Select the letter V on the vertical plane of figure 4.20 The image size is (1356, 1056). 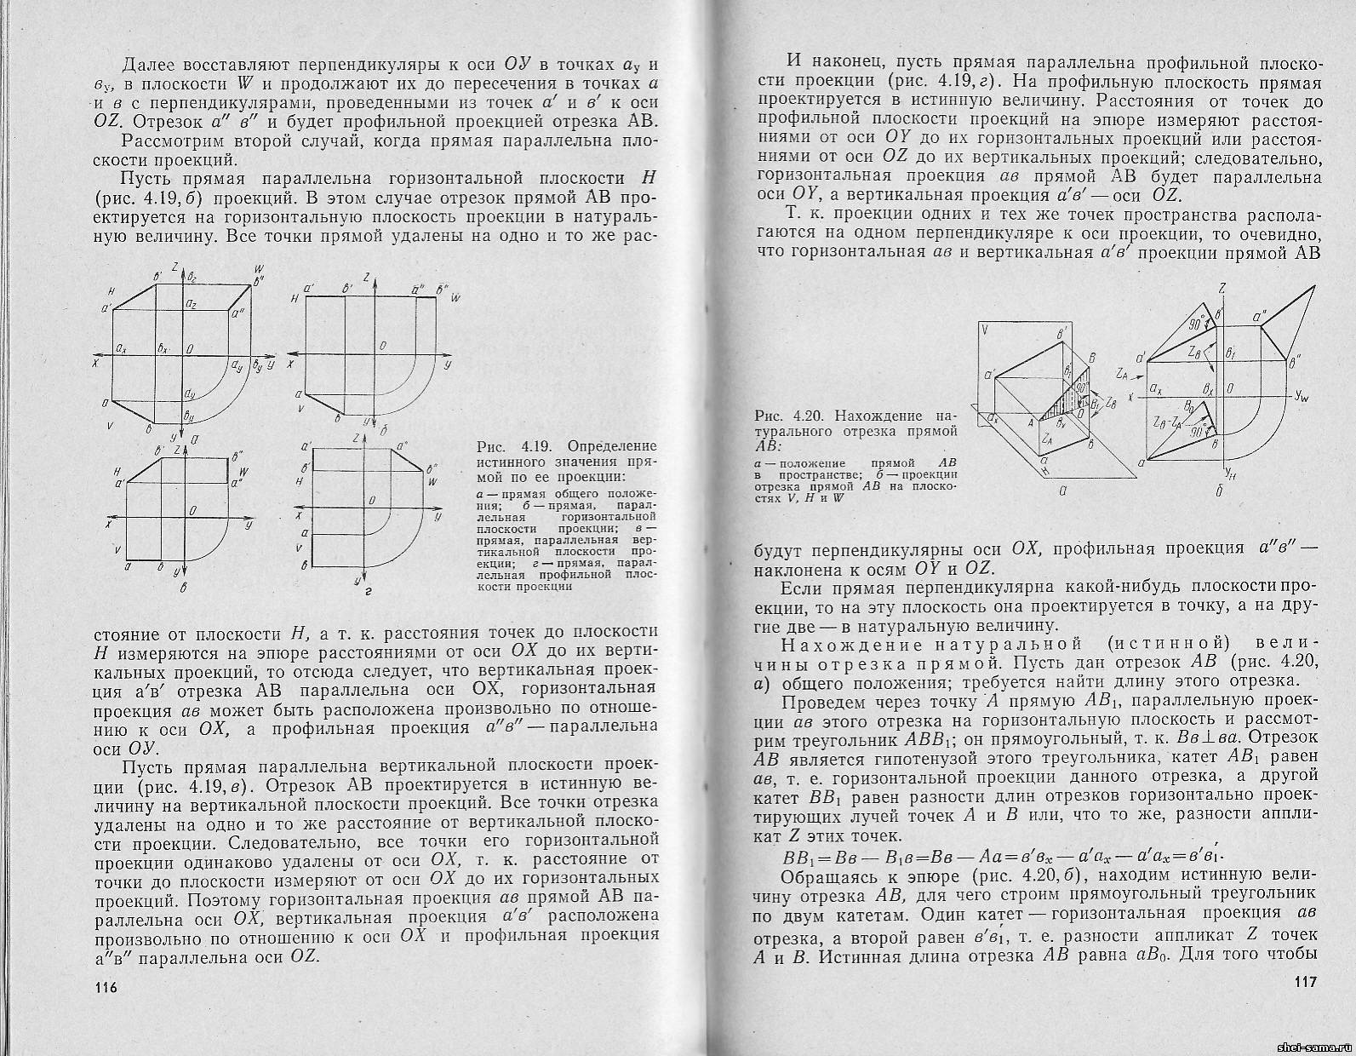click(x=984, y=329)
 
